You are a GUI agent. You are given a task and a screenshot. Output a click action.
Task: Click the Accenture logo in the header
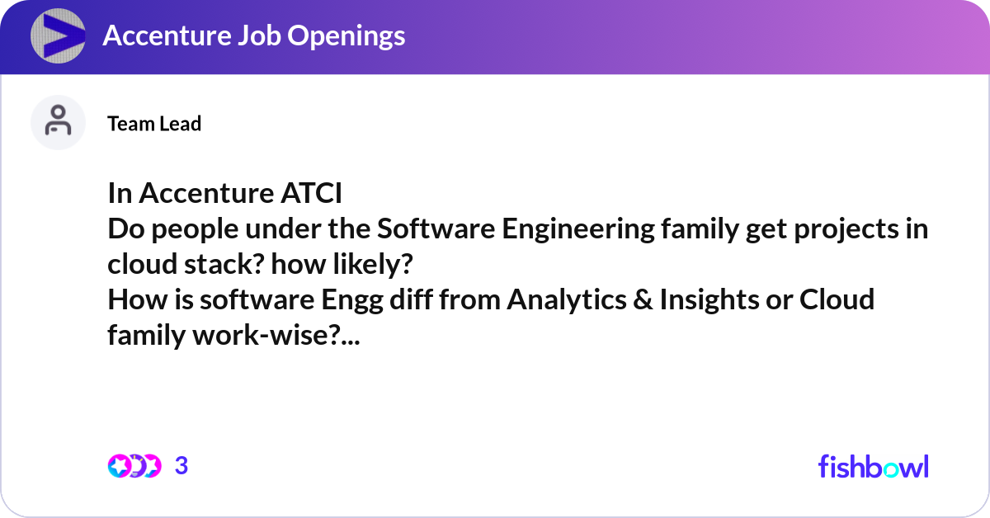coord(58,36)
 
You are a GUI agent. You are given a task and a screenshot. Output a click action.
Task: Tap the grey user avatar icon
coord(58,122)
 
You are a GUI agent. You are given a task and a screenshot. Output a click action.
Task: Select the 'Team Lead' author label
coord(154,124)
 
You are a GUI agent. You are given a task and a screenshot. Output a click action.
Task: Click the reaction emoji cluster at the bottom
coord(134,466)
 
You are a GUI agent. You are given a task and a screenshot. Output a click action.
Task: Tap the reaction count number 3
coord(181,466)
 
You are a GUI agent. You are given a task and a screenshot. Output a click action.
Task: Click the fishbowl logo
coord(873,466)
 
